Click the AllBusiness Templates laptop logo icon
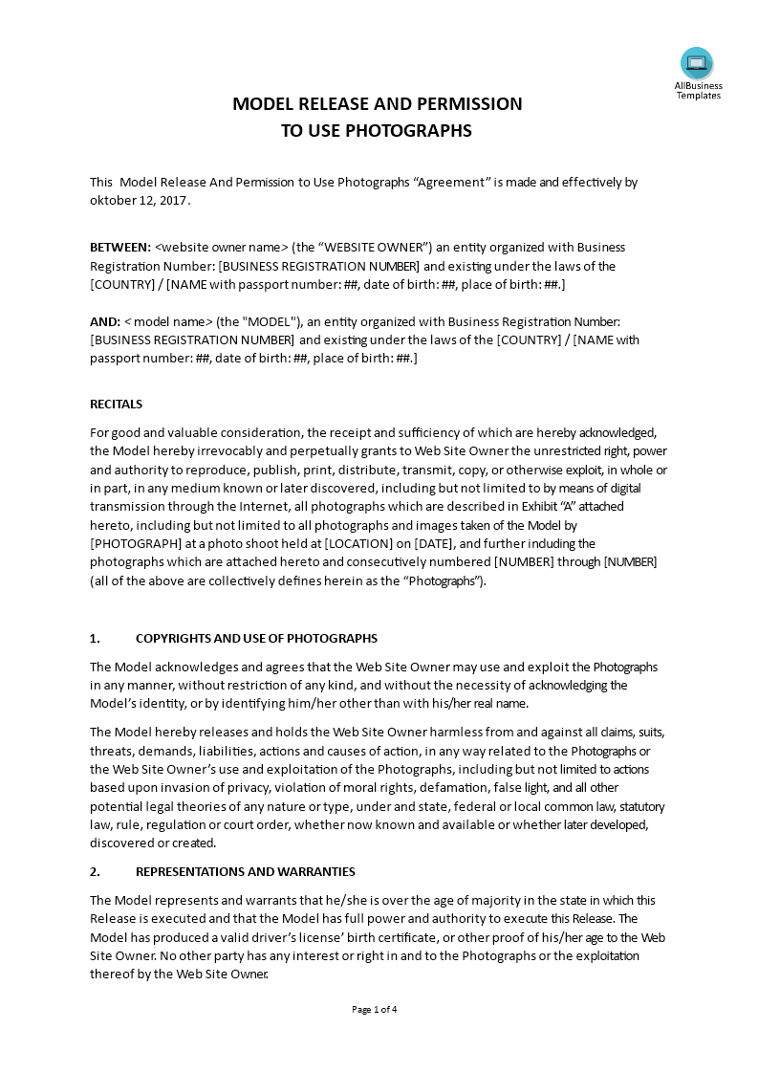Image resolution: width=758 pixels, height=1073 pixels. (697, 63)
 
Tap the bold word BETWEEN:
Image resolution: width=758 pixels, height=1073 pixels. (119, 248)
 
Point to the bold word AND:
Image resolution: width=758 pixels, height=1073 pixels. (105, 322)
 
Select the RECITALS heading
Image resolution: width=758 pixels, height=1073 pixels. (116, 405)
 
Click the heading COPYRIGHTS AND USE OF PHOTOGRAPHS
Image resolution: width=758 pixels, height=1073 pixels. (256, 639)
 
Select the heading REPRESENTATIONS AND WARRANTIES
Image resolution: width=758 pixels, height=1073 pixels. (246, 872)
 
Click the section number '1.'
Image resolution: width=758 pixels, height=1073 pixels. (95, 639)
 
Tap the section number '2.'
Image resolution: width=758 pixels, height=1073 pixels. (95, 872)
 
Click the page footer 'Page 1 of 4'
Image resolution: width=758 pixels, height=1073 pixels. (375, 1009)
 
